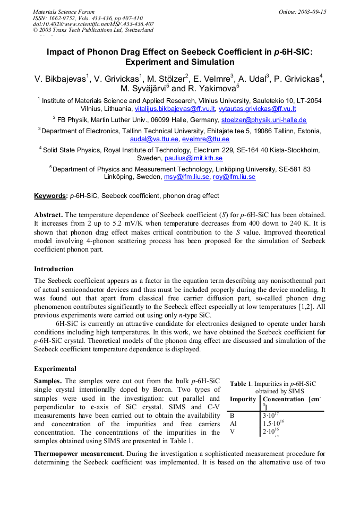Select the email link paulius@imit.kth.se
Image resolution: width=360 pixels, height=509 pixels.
tap(193, 158)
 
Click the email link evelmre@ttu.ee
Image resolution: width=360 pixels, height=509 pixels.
tap(205, 139)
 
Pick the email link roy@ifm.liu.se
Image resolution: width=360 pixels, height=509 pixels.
tap(234, 177)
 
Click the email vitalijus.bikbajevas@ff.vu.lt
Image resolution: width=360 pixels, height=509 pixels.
tap(175, 109)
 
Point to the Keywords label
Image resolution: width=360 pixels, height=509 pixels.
tap(50, 196)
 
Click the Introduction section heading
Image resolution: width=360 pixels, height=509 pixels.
tap(54, 269)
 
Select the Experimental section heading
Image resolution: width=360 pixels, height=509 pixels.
tap(55, 369)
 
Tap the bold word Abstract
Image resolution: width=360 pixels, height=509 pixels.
tap(48, 215)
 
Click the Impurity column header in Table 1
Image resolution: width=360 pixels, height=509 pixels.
tap(243, 399)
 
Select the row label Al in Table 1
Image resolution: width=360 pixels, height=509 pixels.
tap(233, 424)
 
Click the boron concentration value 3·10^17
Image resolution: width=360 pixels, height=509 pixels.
tap(271, 416)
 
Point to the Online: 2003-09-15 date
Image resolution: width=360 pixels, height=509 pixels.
tap(302, 12)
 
